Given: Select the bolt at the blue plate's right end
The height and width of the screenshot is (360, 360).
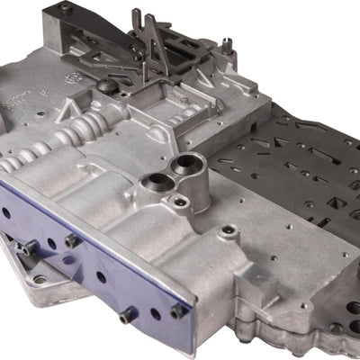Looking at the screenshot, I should (x=177, y=310).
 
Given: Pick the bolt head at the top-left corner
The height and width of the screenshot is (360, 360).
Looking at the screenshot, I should (x=65, y=7).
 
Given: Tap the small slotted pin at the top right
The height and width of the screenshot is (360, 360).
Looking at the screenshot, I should (x=228, y=44).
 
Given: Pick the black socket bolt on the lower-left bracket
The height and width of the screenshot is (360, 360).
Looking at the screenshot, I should (x=27, y=244).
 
